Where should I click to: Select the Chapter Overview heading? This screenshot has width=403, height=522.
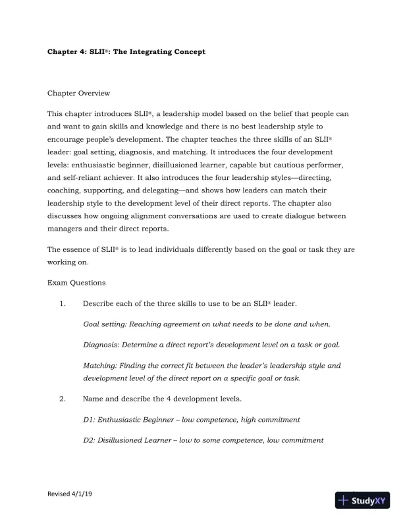(80, 94)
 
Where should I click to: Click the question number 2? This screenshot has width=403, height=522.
(62, 399)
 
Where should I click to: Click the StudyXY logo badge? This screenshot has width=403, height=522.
(363, 500)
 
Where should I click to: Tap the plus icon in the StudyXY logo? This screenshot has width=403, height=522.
(343, 500)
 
